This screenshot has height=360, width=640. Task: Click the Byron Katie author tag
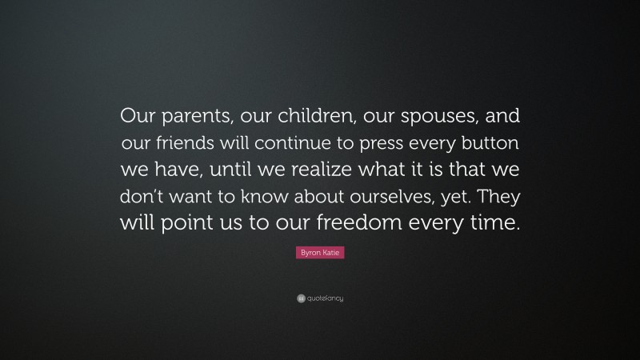pyautogui.click(x=320, y=253)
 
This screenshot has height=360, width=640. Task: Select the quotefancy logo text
pyautogui.click(x=324, y=298)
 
